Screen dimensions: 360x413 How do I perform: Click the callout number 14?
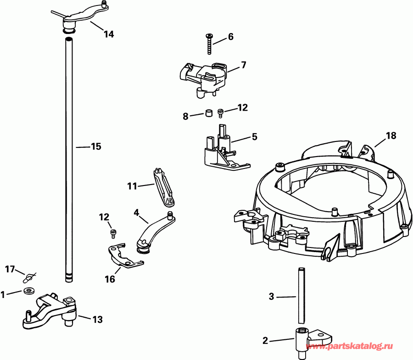[109, 34]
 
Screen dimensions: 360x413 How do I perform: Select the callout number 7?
[243, 65]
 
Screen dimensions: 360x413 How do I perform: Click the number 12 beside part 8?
[242, 107]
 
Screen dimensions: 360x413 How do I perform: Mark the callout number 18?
[391, 135]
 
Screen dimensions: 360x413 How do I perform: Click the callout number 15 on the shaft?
[95, 146]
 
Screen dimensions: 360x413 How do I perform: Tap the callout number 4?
[136, 212]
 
